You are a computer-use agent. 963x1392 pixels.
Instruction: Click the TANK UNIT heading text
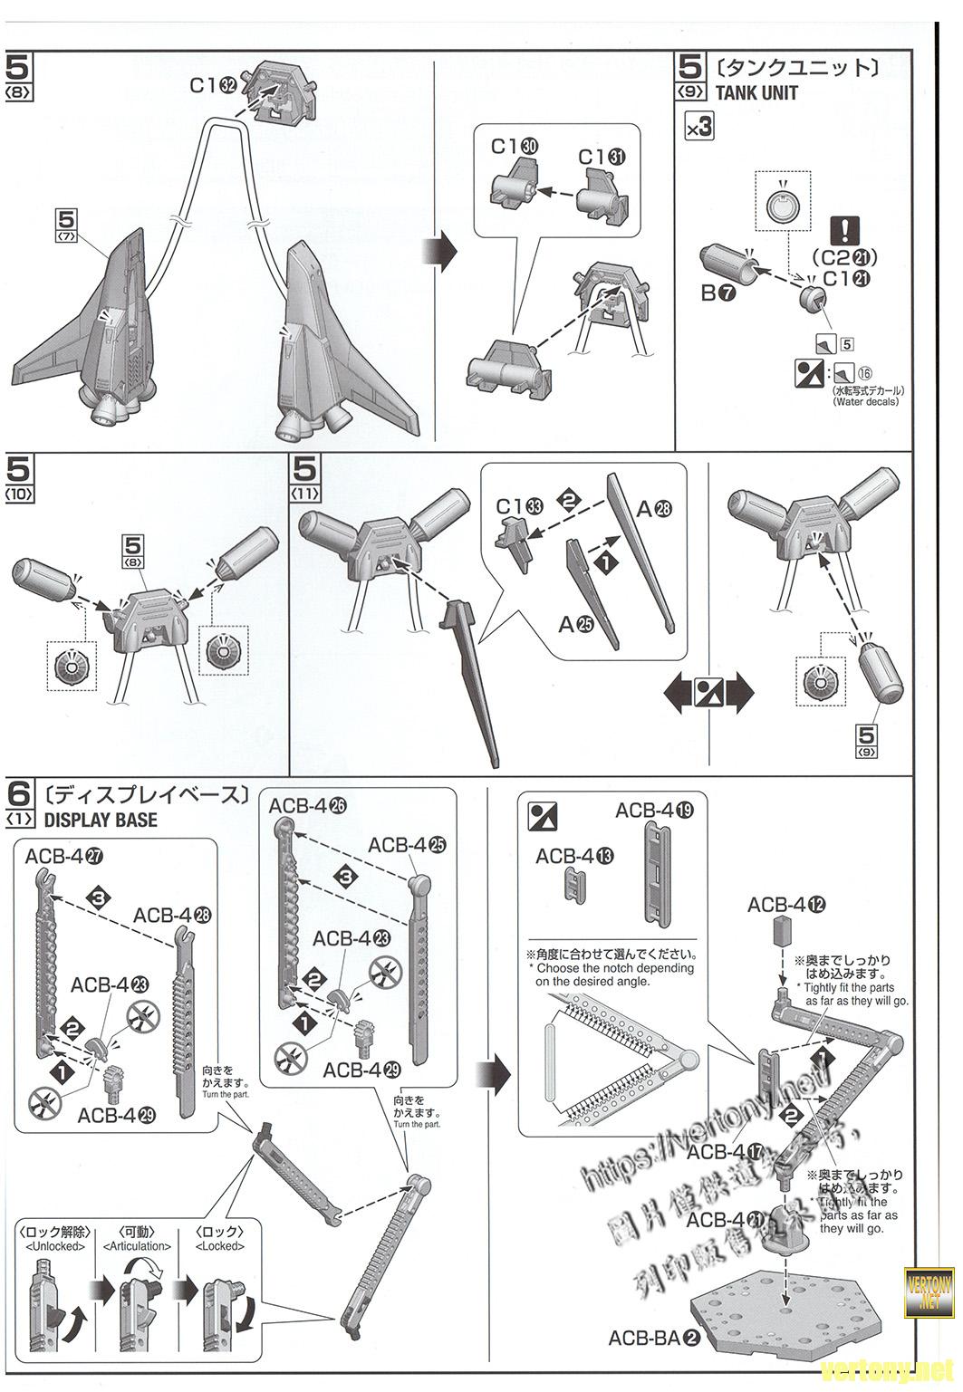(x=756, y=92)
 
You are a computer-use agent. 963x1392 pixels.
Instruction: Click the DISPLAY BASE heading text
(x=100, y=820)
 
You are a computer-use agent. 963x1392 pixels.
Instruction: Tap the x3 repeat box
(x=699, y=128)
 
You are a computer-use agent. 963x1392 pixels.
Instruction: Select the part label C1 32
(x=213, y=85)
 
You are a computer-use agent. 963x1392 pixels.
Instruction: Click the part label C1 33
(x=519, y=506)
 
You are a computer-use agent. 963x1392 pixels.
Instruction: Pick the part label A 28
(x=654, y=509)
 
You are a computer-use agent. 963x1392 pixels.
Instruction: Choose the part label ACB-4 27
(x=63, y=856)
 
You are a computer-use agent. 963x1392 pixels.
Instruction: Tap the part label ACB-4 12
(x=786, y=904)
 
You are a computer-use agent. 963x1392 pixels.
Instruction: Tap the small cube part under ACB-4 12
(x=783, y=933)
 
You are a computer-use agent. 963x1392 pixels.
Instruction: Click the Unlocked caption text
(x=53, y=1246)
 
